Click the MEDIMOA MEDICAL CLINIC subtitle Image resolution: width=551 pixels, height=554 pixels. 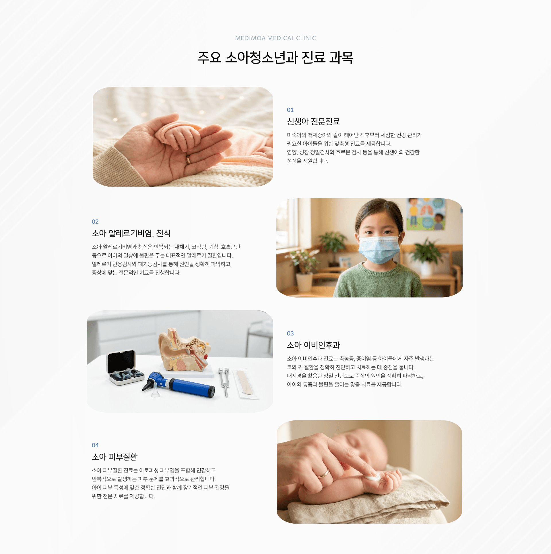[x=275, y=38]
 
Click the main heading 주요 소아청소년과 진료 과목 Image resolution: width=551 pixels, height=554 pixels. [x=275, y=58]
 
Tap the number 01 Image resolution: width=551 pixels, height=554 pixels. [x=290, y=110]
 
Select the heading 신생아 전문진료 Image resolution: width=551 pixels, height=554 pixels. [x=313, y=122]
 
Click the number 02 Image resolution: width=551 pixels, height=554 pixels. [x=95, y=222]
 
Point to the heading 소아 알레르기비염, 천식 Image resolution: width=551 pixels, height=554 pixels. [x=131, y=233]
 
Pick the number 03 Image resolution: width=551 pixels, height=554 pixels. [x=290, y=334]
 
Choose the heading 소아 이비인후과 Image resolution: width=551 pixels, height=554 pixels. [x=313, y=345]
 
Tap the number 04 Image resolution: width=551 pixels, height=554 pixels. [x=95, y=445]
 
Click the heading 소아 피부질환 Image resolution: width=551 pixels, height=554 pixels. [x=115, y=457]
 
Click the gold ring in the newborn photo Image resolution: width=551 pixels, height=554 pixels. [x=188, y=160]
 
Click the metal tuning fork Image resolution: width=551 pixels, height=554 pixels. [x=224, y=381]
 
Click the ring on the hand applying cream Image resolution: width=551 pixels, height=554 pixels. [x=324, y=473]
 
